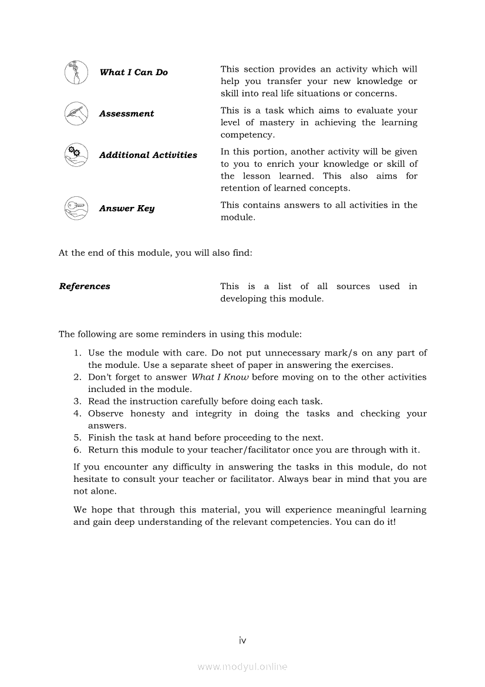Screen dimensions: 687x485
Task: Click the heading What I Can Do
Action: (x=133, y=72)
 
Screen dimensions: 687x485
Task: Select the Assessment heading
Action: (x=126, y=114)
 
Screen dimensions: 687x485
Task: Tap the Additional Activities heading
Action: (x=148, y=155)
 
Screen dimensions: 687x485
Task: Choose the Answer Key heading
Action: (x=126, y=209)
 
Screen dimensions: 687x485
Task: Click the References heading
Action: (x=85, y=287)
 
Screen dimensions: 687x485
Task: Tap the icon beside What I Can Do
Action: (x=76, y=72)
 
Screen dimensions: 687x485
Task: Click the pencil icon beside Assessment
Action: (x=76, y=113)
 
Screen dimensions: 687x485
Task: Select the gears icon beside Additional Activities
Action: (x=76, y=155)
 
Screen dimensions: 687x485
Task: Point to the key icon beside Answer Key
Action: (x=76, y=208)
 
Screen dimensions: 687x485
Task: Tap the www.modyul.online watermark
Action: (x=242, y=667)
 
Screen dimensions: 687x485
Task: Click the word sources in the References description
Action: (x=353, y=287)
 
